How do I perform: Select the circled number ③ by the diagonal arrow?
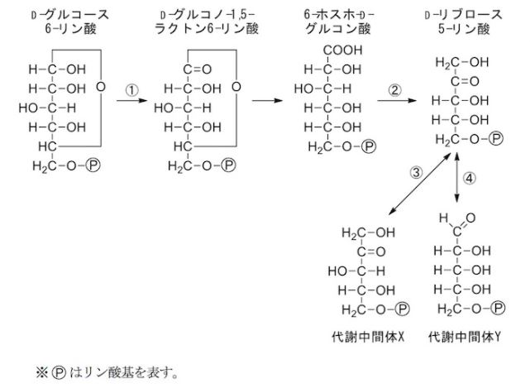(417, 173)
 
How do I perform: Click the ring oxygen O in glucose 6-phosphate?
(100, 86)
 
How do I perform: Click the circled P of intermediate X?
(403, 309)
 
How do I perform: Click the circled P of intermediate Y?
(498, 309)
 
